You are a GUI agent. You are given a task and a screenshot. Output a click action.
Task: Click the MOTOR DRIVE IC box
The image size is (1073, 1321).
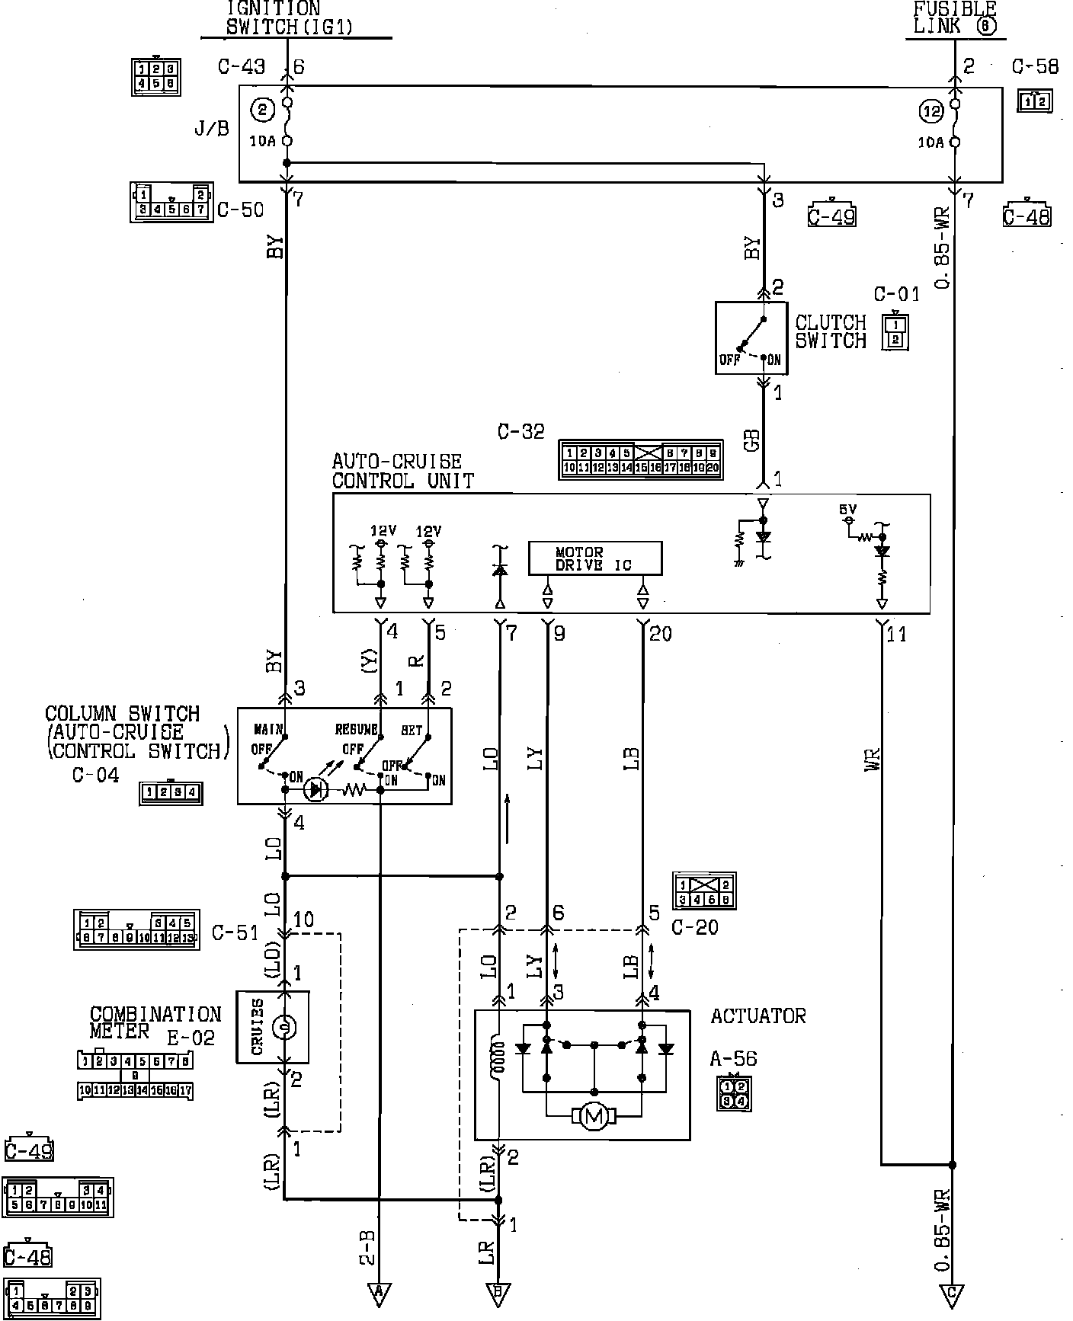[x=595, y=558]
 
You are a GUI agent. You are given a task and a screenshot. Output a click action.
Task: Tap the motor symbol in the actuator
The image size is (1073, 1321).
[x=594, y=1117]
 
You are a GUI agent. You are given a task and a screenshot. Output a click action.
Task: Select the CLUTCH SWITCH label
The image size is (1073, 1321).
[x=831, y=331]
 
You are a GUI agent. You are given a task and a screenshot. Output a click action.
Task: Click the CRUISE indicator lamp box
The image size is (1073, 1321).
[x=272, y=1026]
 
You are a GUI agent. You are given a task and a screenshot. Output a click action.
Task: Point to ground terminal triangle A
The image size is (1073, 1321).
[x=379, y=1292]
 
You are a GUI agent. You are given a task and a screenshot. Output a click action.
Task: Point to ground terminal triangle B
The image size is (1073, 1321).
[x=498, y=1292]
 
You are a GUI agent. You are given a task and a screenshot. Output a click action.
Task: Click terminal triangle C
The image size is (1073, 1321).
[x=953, y=1293]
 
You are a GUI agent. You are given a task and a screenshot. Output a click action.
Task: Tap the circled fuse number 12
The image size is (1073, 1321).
[x=931, y=112]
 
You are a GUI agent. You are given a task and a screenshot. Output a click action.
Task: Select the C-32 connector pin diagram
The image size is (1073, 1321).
[x=641, y=459]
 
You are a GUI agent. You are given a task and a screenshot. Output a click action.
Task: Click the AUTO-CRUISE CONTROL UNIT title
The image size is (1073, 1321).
[x=402, y=471]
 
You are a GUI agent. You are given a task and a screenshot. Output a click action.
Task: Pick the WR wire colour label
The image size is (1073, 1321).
[x=873, y=760]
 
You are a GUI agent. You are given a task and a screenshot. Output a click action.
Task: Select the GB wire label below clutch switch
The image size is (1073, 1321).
[x=754, y=440]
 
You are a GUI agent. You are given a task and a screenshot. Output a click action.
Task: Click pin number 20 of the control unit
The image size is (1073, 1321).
[x=660, y=634]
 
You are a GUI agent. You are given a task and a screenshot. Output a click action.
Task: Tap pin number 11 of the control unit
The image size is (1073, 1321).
[x=897, y=634]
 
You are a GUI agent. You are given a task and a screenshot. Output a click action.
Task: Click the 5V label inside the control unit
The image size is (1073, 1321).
[x=847, y=509]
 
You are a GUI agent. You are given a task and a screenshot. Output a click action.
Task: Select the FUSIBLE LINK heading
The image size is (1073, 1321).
[x=954, y=18]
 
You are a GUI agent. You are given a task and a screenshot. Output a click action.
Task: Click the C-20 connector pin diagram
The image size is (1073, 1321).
[x=705, y=891]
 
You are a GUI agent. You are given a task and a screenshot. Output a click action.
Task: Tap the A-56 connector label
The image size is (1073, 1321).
[x=733, y=1058]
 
